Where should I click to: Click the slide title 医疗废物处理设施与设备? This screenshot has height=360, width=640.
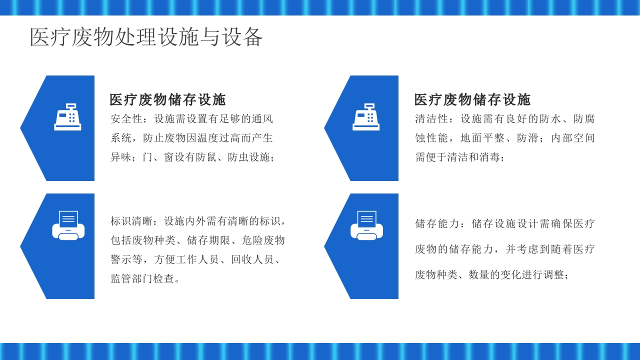tap(146, 37)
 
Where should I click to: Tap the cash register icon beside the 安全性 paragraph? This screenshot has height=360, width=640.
tap(67, 117)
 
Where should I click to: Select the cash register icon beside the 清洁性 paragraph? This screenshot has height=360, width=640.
tap(366, 117)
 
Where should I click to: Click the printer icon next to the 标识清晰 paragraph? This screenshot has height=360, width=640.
tap(68, 225)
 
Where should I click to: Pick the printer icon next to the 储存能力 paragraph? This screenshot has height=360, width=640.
tap(366, 225)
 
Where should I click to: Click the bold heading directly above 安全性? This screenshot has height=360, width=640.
tap(167, 99)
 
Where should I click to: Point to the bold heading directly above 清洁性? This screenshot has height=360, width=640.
tap(472, 99)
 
